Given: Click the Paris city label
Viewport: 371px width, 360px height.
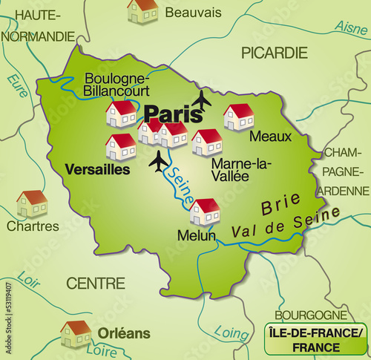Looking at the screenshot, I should coord(173,114).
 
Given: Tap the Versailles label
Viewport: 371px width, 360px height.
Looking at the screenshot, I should coord(97,169).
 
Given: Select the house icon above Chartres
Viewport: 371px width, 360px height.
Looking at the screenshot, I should coord(32,203).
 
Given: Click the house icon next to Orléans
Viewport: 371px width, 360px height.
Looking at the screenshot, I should coord(76,333).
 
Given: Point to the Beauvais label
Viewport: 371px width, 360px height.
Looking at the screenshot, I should coord(193,13).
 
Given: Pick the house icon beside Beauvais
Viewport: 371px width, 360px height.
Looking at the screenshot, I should coord(142,10).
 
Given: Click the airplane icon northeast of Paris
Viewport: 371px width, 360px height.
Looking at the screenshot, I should coord(201,99).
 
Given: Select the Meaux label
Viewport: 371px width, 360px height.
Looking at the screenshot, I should coord(270,137).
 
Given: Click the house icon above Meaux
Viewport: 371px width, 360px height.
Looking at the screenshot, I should coord(238,117).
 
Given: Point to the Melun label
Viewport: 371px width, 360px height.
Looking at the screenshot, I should coord(196,235).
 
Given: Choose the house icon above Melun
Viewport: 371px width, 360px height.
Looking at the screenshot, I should coord(205,212).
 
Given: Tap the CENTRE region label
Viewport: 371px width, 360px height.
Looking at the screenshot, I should coord(96,283).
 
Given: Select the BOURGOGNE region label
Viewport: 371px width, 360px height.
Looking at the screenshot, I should coord(311,315).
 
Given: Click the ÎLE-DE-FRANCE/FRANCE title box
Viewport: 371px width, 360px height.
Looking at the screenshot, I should coord(315,338).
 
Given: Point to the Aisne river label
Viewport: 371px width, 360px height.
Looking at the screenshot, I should coord(351,27).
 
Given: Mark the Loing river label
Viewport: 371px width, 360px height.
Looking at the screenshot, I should coord(232,332).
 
